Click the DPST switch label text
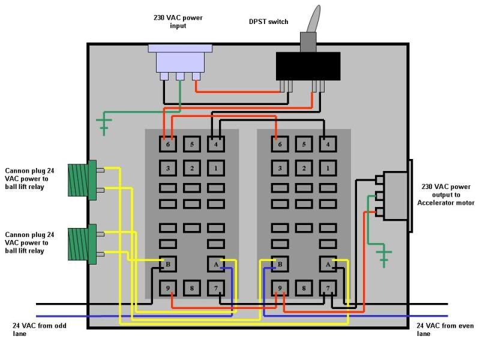tap(268, 22)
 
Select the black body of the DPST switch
tap(308, 65)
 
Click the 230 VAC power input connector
tap(178, 60)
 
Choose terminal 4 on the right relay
tap(328, 144)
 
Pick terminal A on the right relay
tap(328, 263)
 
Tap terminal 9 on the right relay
tap(280, 289)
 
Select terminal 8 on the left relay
tap(191, 289)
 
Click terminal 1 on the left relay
tap(216, 168)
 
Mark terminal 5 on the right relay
tap(304, 144)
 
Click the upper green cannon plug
tap(83, 179)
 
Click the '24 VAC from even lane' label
tap(445, 329)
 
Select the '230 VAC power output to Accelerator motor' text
tap(445, 194)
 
